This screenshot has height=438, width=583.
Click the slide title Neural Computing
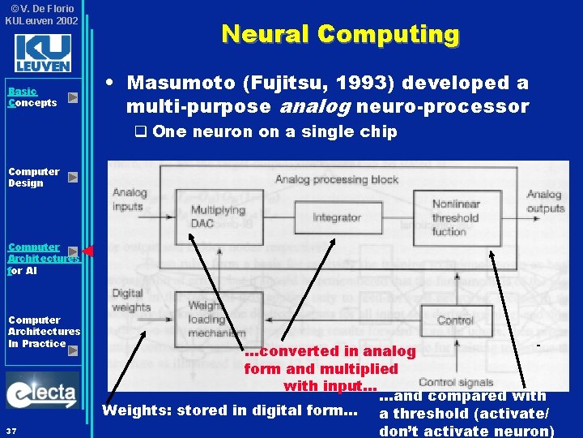coord(340,34)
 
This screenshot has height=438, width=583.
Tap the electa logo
coord(42,393)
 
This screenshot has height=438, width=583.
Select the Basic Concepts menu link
coord(32,97)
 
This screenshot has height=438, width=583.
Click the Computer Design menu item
coord(34,177)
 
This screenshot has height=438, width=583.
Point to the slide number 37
coord(10,430)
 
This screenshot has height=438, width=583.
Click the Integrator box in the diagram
coord(336,217)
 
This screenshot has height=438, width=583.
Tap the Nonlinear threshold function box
coord(455,217)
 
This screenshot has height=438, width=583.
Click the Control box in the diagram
coord(455,320)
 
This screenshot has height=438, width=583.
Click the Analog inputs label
coord(130,200)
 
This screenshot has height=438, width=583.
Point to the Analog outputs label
coord(544,200)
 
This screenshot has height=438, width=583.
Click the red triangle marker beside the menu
coord(88,251)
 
